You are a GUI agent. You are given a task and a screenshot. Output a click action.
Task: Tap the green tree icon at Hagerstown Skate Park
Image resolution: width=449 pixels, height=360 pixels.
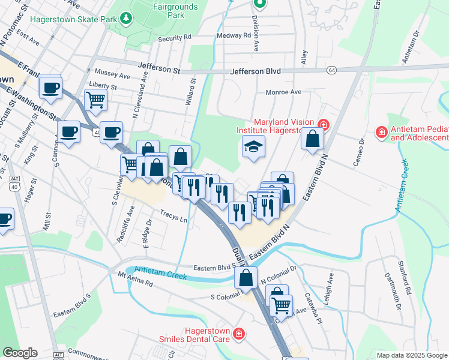126,19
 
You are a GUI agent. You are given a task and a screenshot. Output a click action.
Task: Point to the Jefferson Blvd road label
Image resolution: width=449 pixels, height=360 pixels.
256,71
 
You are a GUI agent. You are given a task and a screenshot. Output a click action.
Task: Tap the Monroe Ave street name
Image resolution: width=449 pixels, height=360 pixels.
283,92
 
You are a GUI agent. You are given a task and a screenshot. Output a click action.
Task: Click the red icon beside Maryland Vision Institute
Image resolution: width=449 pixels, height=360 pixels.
323,124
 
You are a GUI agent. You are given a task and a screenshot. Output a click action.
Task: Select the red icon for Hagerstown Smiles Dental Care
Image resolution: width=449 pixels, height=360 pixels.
239,333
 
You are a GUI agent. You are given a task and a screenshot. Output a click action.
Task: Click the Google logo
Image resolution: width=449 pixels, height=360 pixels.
20,353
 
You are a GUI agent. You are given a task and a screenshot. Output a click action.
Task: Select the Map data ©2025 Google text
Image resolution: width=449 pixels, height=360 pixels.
411,355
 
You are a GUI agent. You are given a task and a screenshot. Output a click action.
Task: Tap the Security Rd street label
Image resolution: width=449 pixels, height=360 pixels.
174,38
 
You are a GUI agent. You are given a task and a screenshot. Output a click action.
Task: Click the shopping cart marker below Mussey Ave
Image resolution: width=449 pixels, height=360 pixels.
96,100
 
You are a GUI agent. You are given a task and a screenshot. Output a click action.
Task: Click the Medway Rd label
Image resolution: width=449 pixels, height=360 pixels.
234,35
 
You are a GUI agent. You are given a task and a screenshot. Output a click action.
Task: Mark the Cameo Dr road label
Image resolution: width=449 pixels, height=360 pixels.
361,154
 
